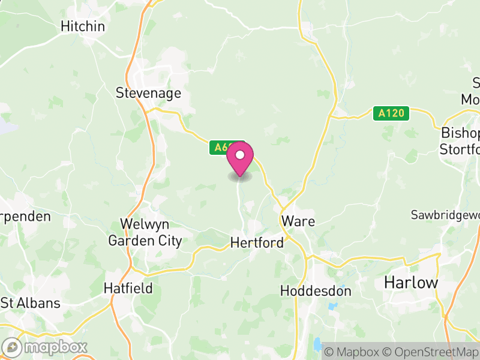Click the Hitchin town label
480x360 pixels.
(x=83, y=26)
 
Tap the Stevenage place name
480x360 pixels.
(x=148, y=93)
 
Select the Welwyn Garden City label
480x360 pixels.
(x=145, y=232)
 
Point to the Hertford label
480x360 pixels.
(x=257, y=243)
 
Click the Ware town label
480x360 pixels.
(x=298, y=221)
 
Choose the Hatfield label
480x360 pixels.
(x=128, y=288)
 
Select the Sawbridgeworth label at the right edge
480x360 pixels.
(x=445, y=215)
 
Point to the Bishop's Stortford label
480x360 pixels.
(x=460, y=140)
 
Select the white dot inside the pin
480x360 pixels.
(x=240, y=155)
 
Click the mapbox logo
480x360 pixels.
(x=45, y=347)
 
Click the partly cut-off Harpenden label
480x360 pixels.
(x=25, y=216)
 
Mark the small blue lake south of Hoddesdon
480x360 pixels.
(x=316, y=344)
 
